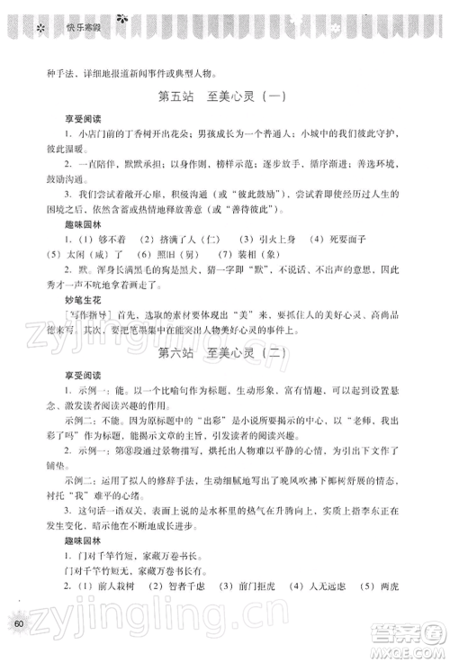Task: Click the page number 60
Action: pos(16,623)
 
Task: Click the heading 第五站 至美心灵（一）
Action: pos(224,97)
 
